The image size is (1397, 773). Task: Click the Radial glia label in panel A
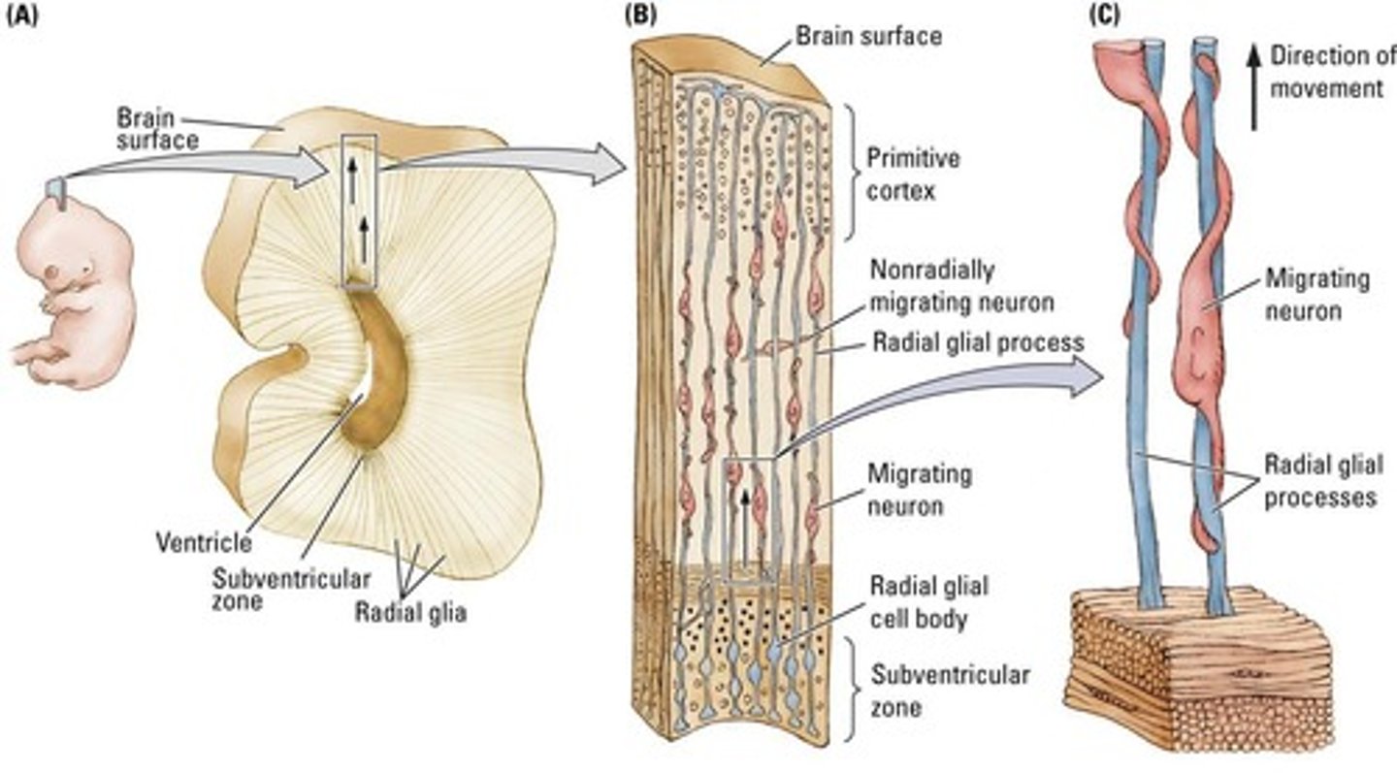(x=409, y=612)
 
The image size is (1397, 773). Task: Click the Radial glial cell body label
(x=929, y=601)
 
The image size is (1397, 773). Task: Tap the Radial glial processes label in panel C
(x=1320, y=481)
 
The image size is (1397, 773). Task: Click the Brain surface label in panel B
(x=868, y=37)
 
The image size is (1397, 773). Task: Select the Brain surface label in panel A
(x=158, y=128)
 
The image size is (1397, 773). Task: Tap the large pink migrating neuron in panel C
(x=1202, y=330)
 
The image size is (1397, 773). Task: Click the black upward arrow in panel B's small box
(x=745, y=524)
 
